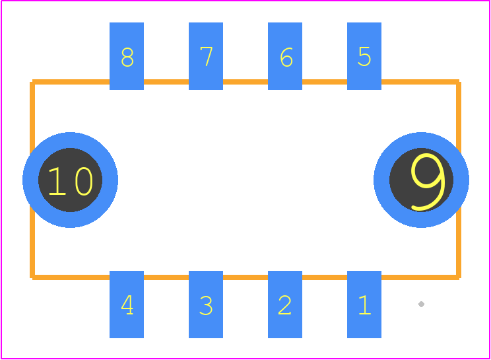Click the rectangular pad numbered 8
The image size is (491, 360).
[x=127, y=56]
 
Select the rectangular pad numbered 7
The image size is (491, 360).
[x=206, y=56]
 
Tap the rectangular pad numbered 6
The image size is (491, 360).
[x=285, y=56]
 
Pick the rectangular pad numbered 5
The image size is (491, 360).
[x=364, y=56]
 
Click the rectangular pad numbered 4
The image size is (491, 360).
[x=127, y=305]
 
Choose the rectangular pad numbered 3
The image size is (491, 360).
[x=206, y=305]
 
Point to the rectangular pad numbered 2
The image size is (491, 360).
[x=285, y=305]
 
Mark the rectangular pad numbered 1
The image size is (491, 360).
[x=364, y=305]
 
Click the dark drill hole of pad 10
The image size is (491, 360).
[x=70, y=180]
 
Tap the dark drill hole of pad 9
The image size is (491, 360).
[x=421, y=180]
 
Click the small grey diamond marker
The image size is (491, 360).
[x=421, y=305]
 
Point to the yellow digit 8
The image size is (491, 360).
[x=127, y=57]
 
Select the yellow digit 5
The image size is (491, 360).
[x=364, y=56]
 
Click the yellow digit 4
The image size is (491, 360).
[x=127, y=305]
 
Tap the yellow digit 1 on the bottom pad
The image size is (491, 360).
[x=365, y=305]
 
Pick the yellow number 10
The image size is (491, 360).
[x=71, y=181]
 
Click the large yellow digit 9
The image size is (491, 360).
[x=428, y=182]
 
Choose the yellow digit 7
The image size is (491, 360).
[x=207, y=56]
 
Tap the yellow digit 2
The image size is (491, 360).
[x=284, y=305]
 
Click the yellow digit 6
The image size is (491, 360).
[x=286, y=57]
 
